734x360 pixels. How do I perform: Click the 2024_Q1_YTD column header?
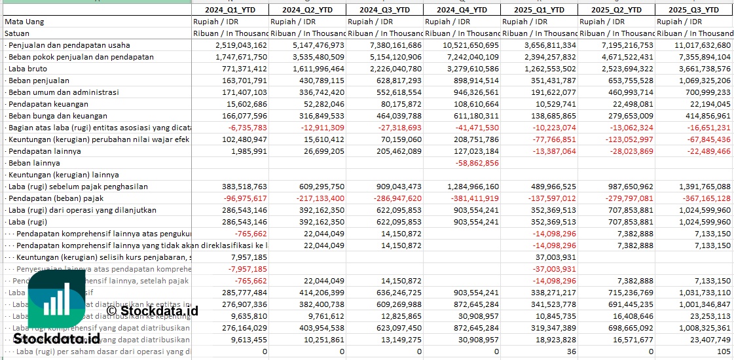(230, 10)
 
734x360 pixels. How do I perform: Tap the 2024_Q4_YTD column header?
(462, 10)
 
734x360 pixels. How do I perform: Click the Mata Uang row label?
(24, 22)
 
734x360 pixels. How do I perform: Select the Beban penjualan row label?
(39, 81)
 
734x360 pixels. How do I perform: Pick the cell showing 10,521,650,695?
(462, 45)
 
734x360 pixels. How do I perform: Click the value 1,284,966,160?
(462, 187)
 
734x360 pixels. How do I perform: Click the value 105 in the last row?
(723, 351)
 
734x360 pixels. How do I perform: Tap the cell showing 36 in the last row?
(571, 351)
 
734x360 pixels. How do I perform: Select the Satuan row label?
(17, 33)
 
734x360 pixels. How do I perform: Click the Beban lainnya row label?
(34, 163)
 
